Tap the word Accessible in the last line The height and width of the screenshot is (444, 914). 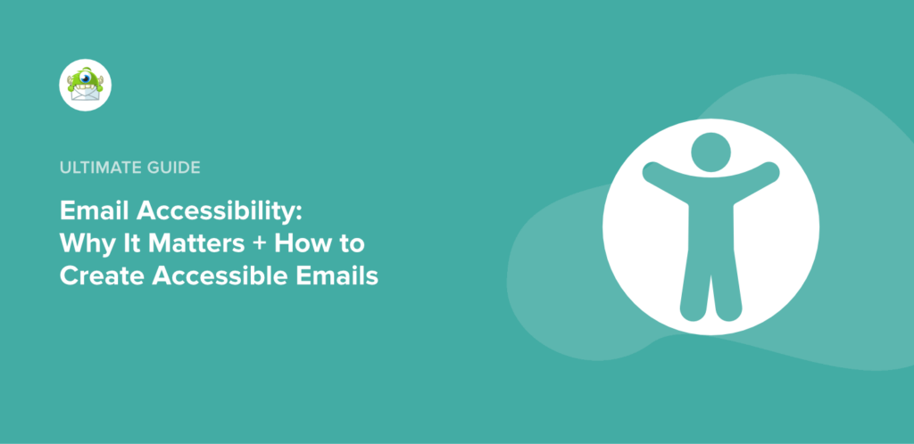[x=212, y=275]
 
